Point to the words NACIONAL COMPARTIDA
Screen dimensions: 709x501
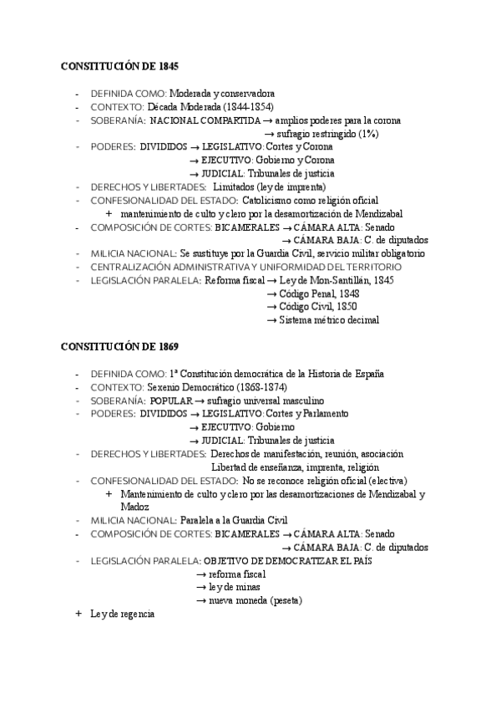point(205,120)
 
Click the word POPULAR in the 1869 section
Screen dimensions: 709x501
point(171,400)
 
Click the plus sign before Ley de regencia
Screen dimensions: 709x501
point(78,614)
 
